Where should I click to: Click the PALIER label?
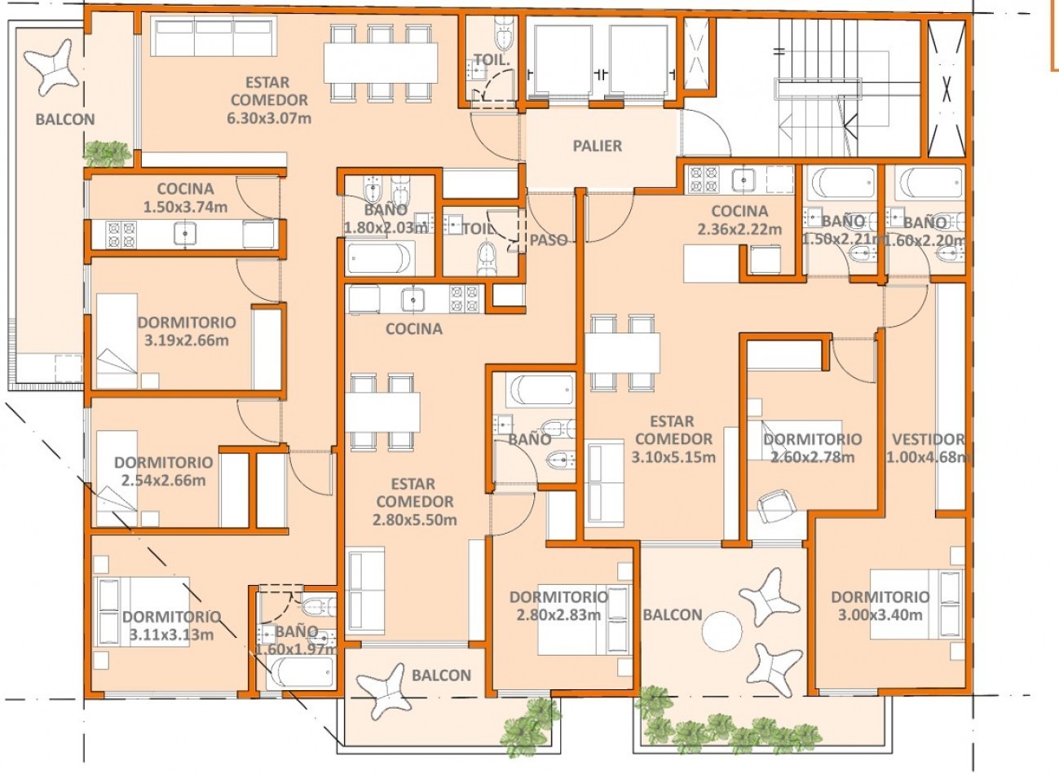coord(597,146)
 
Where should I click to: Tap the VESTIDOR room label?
coord(928,439)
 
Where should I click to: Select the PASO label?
coord(549,240)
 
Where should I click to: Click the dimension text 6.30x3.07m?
coord(269,118)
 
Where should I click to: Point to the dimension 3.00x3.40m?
coord(880,615)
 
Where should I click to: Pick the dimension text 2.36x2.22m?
coord(740,229)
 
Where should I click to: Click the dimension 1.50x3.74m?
coord(185,207)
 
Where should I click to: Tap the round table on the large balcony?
coord(722,631)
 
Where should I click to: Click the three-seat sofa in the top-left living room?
coord(214,37)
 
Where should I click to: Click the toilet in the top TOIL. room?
coord(505,33)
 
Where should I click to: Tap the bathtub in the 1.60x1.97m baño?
coord(300,673)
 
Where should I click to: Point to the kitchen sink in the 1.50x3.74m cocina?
coord(185,234)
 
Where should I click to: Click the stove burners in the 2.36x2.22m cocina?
coord(704,179)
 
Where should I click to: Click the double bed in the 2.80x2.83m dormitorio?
coord(585,619)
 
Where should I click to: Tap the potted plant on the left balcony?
coord(108,153)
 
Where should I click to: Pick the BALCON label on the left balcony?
coord(65,119)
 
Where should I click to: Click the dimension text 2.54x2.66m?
coord(164,481)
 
